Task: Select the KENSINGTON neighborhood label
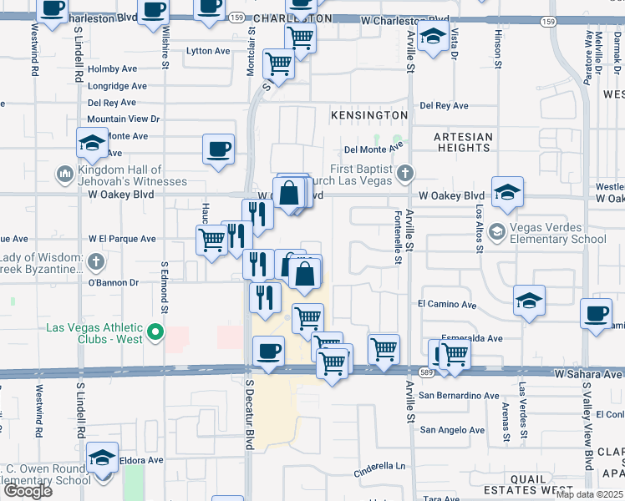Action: pos(368,114)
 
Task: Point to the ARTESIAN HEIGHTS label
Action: pos(463,142)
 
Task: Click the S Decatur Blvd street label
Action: pos(249,415)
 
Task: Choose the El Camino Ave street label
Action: pos(447,306)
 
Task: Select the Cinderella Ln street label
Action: pos(378,466)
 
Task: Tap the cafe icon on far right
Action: pos(597,314)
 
